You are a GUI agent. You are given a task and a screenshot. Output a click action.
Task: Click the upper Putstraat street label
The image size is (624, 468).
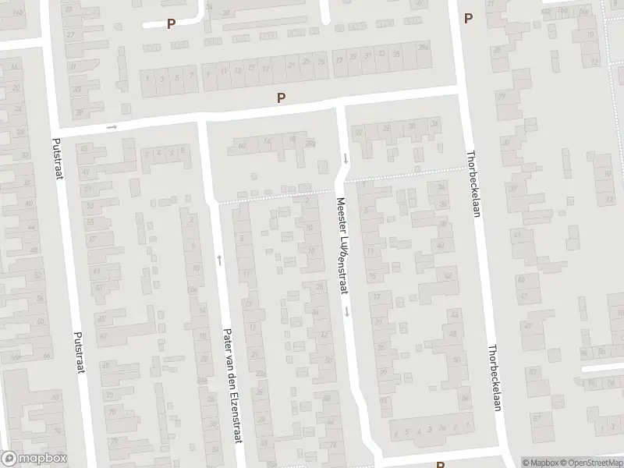(57, 158)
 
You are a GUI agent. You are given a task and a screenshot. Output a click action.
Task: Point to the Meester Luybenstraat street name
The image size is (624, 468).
(341, 246)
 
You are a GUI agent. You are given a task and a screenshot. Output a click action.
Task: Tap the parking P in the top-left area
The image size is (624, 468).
(170, 23)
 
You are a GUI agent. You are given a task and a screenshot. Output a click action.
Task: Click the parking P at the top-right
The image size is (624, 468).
(468, 18)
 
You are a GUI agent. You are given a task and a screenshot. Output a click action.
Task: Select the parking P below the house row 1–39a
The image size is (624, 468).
(281, 97)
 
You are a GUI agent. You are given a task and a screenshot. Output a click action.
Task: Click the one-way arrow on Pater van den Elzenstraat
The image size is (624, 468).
(219, 259)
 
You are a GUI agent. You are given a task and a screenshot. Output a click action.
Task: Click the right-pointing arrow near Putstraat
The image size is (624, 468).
(112, 127)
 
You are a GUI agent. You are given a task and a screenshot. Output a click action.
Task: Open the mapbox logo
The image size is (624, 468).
(34, 459)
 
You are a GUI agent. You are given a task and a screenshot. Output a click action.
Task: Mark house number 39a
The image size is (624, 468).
(423, 48)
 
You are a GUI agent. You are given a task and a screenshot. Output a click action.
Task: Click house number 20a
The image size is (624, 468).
(310, 143)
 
